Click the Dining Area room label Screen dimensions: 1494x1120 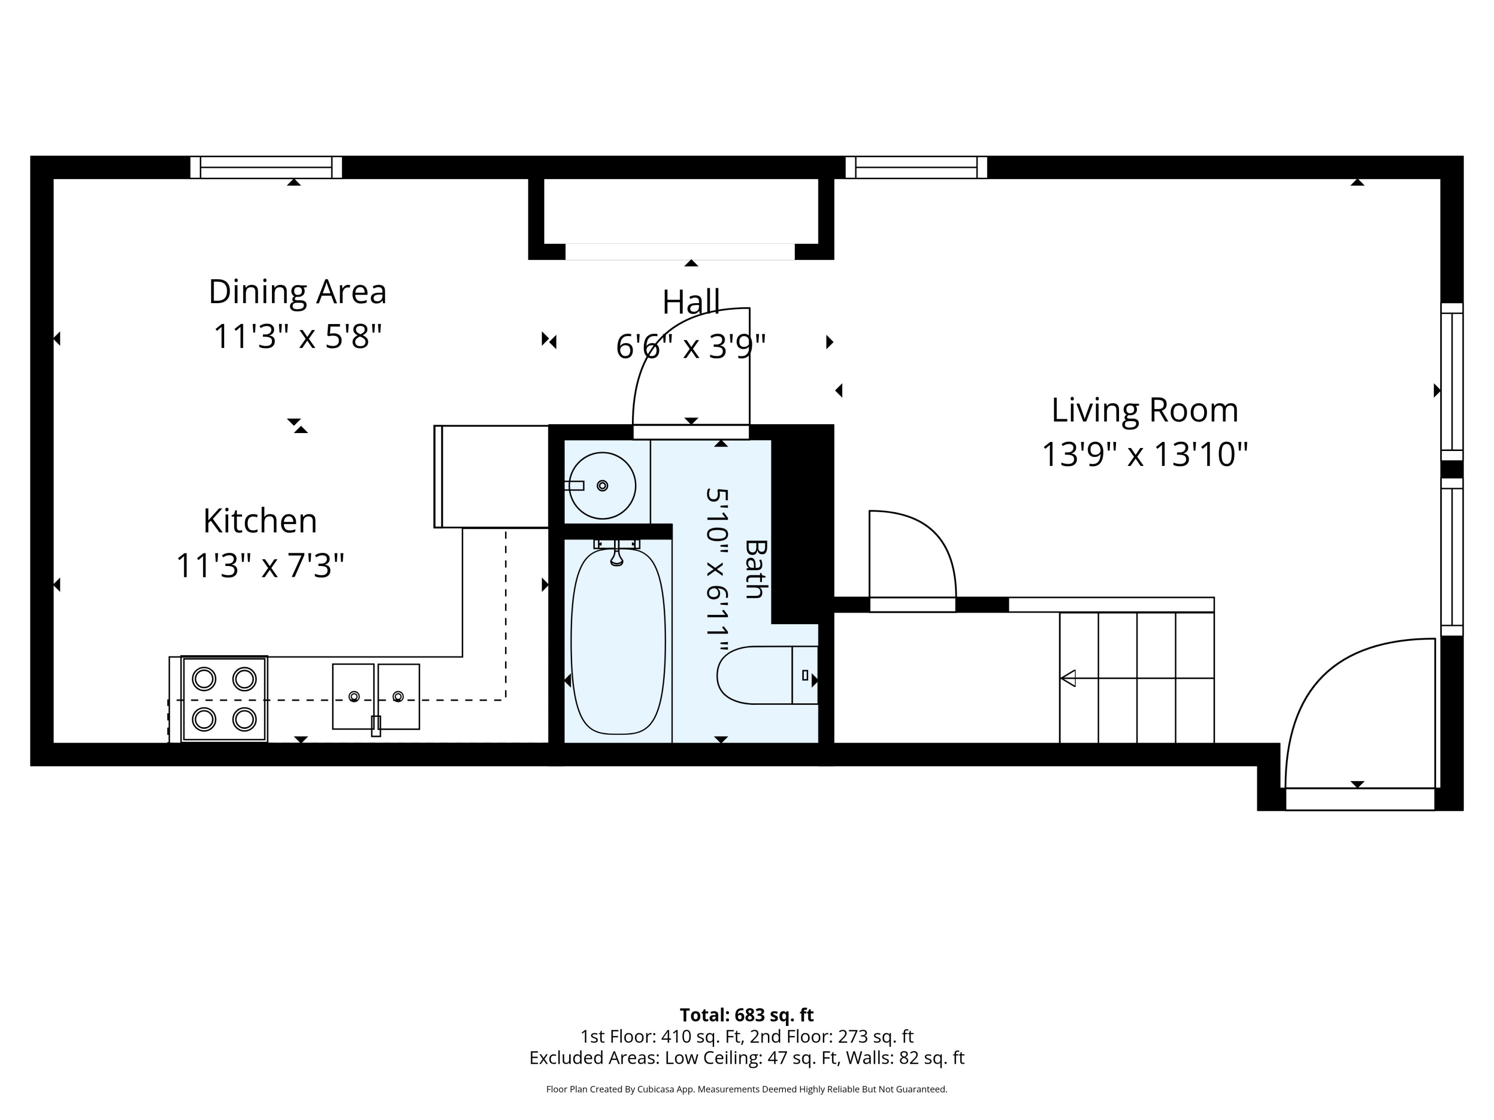(x=297, y=292)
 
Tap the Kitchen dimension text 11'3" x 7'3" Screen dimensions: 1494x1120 (x=260, y=565)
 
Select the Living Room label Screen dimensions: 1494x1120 (x=1145, y=411)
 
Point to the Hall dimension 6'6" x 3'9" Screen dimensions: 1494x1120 (x=690, y=347)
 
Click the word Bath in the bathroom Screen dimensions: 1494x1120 (x=755, y=569)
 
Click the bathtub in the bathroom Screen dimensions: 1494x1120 (x=618, y=641)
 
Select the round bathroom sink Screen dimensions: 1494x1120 (x=602, y=485)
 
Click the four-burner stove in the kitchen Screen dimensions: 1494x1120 (x=224, y=699)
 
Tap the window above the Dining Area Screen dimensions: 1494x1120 (x=266, y=167)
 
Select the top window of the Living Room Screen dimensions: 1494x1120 (x=916, y=167)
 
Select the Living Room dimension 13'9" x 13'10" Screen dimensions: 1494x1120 (x=1145, y=454)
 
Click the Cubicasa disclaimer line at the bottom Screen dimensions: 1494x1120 (x=747, y=1089)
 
